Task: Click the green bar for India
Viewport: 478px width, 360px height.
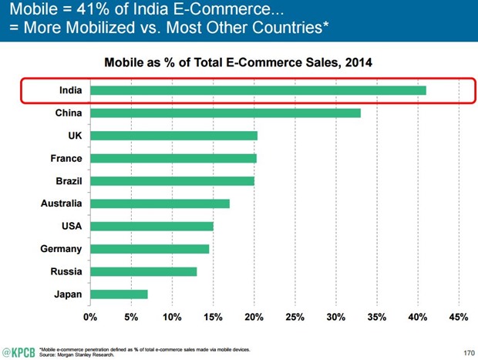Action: point(258,91)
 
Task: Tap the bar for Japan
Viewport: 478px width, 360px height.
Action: point(119,294)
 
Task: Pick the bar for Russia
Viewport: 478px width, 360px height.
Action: point(143,271)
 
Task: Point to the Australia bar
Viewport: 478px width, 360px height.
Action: point(160,204)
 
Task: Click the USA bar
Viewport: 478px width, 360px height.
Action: point(151,226)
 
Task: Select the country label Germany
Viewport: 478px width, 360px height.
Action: point(61,249)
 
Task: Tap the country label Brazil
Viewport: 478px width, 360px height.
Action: point(68,181)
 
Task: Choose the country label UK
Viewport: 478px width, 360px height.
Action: point(76,136)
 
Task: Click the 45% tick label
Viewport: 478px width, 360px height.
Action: point(458,317)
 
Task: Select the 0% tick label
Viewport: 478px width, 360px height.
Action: point(90,317)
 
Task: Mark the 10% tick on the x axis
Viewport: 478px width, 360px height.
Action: point(172,317)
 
